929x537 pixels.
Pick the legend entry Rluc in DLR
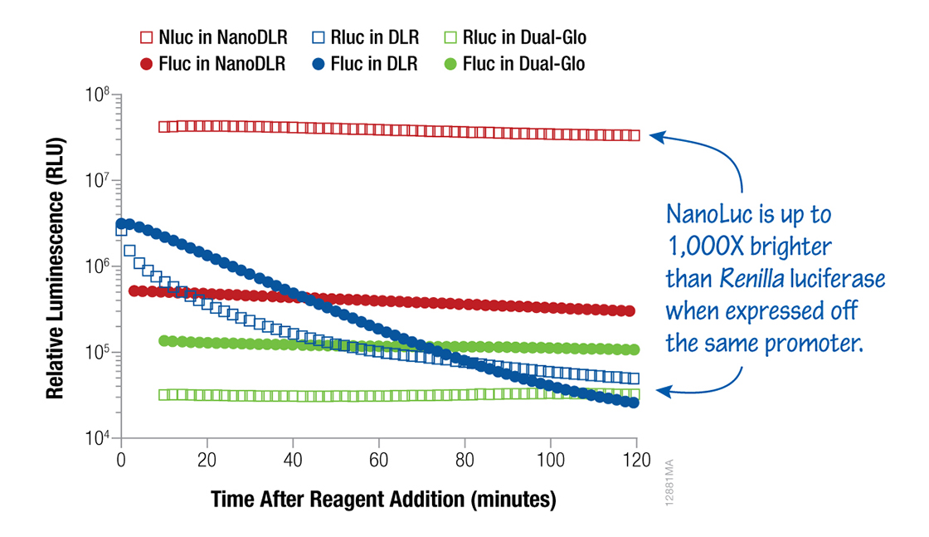[x=364, y=37]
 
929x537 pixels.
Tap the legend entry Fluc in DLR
[x=364, y=64]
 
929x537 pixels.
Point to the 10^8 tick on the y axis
[x=99, y=96]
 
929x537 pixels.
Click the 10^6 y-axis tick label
[x=99, y=267]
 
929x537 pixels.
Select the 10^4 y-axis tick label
[x=99, y=438]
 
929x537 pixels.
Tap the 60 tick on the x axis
[x=379, y=458]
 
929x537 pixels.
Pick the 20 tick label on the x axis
[x=207, y=458]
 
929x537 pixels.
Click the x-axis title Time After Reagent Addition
[x=382, y=500]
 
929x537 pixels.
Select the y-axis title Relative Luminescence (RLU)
[x=56, y=268]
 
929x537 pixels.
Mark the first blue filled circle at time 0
[x=122, y=224]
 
